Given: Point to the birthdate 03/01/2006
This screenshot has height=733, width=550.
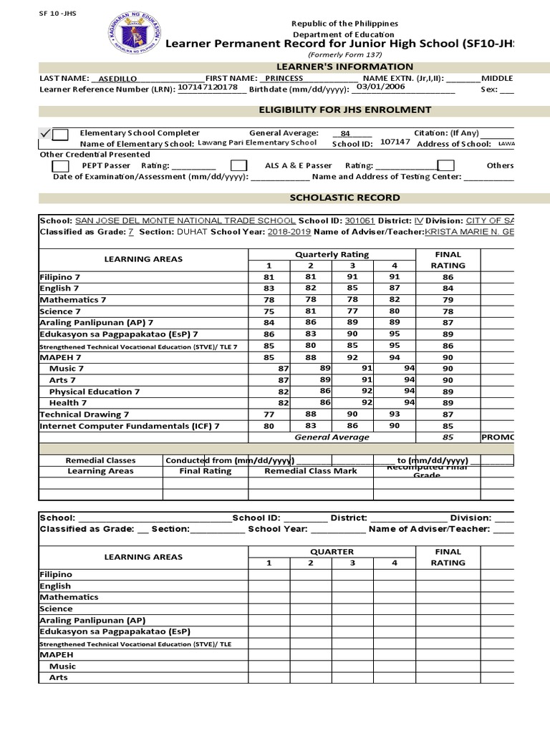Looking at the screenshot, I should (380, 87).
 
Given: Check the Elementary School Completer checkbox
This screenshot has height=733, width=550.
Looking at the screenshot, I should (61, 134).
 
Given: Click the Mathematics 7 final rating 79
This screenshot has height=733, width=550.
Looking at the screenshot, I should (448, 300).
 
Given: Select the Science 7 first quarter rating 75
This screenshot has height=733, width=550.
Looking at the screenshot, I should (269, 311).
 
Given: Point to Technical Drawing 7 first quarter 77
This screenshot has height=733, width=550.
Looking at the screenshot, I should (269, 414).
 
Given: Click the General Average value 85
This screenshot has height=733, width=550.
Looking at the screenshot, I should (448, 437).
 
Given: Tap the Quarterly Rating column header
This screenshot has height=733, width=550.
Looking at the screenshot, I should (332, 254).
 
